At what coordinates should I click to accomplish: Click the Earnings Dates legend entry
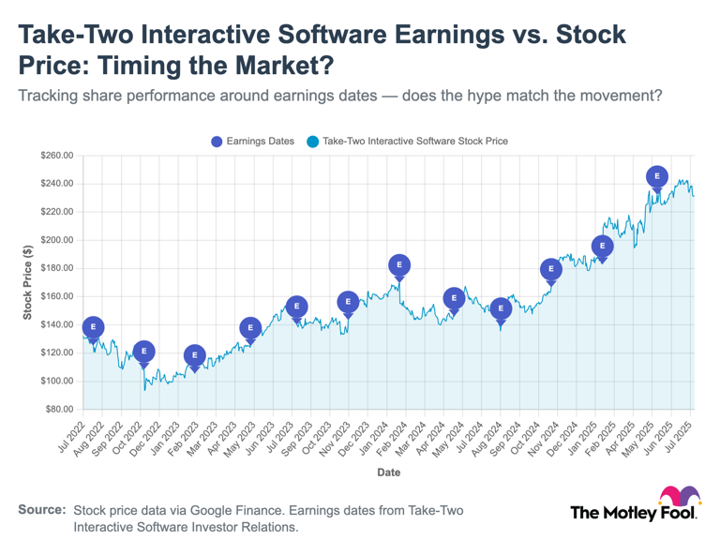[x=252, y=142]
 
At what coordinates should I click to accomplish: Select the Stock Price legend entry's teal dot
[x=312, y=142]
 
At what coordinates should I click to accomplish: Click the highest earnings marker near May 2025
[x=657, y=176]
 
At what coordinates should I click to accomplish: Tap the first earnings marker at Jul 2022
[x=93, y=327]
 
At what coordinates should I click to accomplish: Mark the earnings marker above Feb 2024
[x=399, y=265]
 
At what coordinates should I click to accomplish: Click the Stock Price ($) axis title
[x=28, y=282]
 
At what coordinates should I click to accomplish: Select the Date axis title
[x=388, y=472]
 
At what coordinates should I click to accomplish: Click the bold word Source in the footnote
[x=42, y=509]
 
